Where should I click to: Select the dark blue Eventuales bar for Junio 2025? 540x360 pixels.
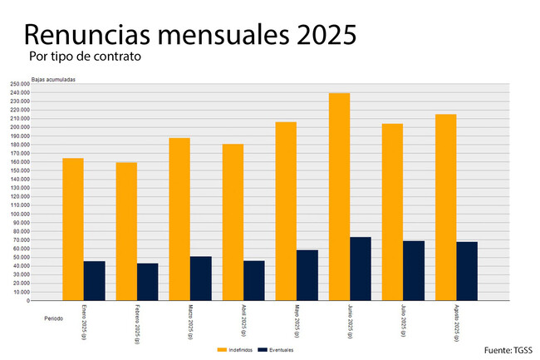click(361, 269)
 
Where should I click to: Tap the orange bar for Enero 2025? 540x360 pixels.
click(73, 229)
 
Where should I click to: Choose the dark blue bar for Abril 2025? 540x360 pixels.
click(254, 280)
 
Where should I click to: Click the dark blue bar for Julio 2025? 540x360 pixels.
click(414, 270)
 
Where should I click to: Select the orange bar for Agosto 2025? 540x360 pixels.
click(445, 207)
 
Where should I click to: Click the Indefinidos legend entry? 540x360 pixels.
click(234, 349)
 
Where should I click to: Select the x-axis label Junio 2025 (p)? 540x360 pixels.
click(351, 323)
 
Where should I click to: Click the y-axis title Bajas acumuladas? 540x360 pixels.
click(53, 79)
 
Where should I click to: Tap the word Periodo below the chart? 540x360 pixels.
click(53, 318)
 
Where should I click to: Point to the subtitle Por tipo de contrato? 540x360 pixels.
click(84, 57)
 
